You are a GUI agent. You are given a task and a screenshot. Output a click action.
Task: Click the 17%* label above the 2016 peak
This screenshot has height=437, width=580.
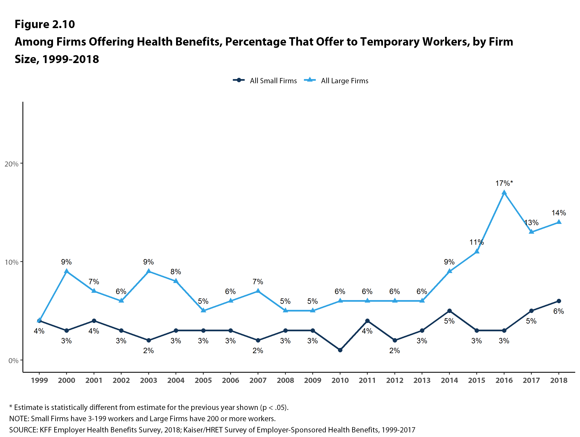pos(504,183)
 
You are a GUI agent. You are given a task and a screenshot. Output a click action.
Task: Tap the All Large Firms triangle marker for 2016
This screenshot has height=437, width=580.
pos(504,193)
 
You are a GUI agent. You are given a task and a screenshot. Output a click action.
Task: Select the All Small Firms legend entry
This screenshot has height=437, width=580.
pos(265,81)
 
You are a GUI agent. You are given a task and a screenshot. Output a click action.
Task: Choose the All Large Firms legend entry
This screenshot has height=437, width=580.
pos(336,81)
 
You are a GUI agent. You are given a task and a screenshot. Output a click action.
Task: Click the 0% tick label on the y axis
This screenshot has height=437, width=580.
pos(13,360)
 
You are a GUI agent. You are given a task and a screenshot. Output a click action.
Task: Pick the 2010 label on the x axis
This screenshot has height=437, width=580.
pos(340,380)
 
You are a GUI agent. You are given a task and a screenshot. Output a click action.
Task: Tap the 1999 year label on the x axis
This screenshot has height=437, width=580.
pos(39,380)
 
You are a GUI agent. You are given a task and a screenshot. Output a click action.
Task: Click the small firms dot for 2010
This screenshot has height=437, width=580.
pos(340,350)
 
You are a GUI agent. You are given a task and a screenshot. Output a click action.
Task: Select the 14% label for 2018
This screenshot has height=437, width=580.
pos(559,213)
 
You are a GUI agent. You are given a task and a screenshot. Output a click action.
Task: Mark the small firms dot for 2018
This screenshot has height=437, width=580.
pos(559,301)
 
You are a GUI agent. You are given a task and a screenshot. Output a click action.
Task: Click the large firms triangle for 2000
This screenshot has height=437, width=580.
pos(67,271)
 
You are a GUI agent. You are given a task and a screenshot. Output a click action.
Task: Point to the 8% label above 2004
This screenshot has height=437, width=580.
pos(176,272)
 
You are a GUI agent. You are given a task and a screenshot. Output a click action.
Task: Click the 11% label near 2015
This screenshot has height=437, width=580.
pos(476,242)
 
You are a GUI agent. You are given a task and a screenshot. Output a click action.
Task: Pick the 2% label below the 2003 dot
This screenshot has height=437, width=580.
pos(148,351)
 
